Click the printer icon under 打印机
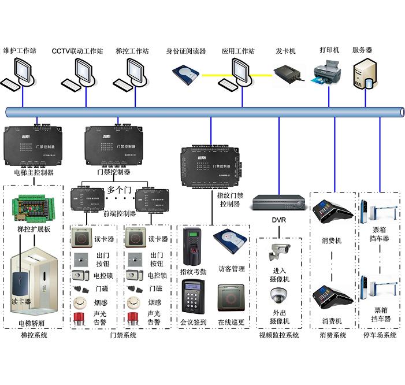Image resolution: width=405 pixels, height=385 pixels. click(x=326, y=76)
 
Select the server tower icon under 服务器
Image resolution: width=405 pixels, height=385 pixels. click(x=365, y=73)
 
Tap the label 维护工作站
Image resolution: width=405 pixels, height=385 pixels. click(x=20, y=51)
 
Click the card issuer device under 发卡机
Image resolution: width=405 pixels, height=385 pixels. click(x=287, y=75)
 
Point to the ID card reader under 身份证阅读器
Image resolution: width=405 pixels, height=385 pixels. click(x=185, y=73)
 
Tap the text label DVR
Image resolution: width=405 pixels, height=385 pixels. click(x=278, y=220)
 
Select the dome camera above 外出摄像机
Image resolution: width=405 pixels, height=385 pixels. click(x=279, y=296)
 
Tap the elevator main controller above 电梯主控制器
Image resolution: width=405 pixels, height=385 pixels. click(x=33, y=145)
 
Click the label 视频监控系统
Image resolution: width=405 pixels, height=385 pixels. click(x=279, y=335)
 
